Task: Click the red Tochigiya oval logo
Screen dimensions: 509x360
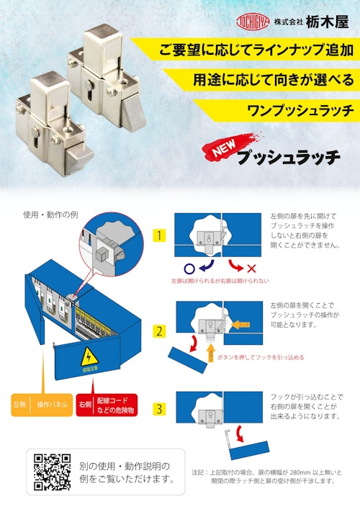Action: [252, 22]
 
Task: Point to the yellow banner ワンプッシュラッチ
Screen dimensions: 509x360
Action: [288, 110]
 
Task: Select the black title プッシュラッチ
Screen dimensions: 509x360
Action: [288, 157]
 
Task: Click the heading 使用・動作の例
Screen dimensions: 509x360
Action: [50, 215]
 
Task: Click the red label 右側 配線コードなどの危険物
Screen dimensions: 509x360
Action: [106, 405]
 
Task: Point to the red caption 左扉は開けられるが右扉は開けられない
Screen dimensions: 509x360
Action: [220, 281]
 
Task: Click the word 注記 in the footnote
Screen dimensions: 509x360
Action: [200, 472]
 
